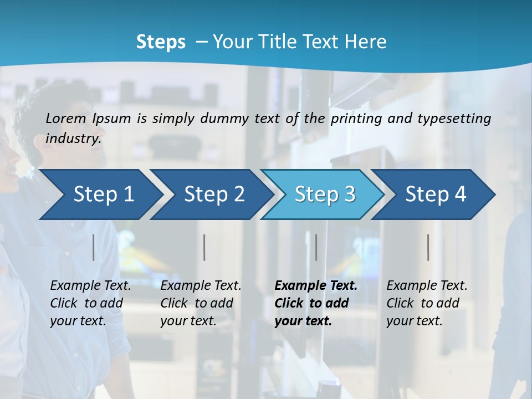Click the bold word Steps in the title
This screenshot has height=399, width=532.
161,42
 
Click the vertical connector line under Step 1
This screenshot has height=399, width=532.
94,247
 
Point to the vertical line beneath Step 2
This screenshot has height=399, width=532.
204,247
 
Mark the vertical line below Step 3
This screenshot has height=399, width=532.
316,247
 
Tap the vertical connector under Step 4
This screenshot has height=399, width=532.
428,247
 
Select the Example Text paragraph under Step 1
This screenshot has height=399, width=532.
90,303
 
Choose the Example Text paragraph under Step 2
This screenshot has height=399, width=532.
201,303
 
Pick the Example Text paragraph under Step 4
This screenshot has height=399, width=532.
427,303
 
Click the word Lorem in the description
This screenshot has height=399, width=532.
66,118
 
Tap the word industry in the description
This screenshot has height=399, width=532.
73,139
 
